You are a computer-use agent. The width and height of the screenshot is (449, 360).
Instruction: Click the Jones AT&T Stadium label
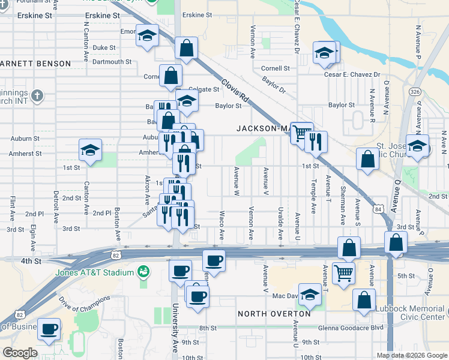coord(94,273)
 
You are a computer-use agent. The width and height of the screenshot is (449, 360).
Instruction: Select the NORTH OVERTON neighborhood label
coord(274,314)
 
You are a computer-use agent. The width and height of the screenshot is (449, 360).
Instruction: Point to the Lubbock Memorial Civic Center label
coord(412,313)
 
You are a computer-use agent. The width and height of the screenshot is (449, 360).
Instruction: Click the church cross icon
coord(37,95)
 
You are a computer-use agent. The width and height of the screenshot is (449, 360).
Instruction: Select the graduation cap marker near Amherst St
coord(90,150)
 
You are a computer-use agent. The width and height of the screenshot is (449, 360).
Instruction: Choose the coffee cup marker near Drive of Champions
coord(49,329)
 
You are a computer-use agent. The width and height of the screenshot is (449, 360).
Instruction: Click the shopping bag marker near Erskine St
coord(187,48)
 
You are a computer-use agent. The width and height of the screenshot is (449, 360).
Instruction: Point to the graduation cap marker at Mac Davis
coord(310,294)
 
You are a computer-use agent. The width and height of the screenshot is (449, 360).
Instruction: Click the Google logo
coord(20,353)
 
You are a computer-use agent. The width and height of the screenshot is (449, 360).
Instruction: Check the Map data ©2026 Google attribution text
coord(411,355)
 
